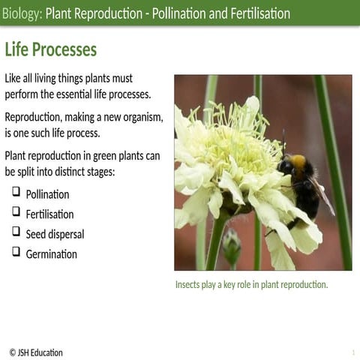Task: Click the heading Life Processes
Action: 51,50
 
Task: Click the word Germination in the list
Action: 51,254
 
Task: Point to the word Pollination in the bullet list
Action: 47,195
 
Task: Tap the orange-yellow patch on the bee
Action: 298,161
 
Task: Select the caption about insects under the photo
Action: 251,285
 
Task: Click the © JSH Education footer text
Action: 36,352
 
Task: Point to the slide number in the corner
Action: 352,352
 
